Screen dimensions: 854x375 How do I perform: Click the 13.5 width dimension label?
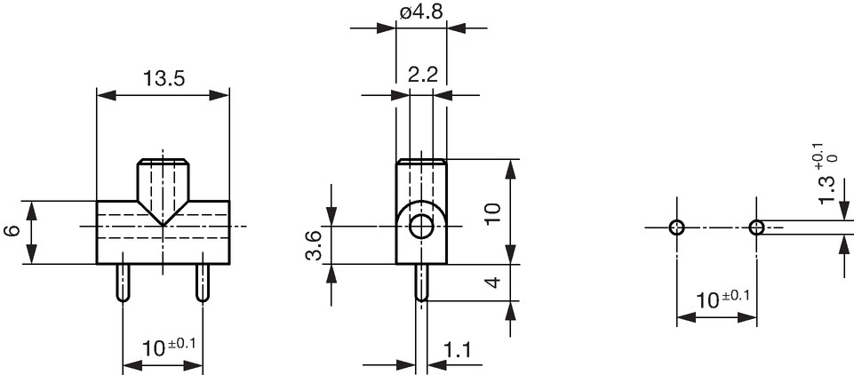164,79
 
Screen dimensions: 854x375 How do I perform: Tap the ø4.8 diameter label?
421,12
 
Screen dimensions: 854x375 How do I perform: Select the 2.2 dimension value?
423,75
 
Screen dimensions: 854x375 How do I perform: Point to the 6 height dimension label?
12,230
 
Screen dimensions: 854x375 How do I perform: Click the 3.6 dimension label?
315,245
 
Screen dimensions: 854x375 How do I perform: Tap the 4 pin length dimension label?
492,283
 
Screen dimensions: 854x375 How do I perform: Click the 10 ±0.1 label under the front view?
168,347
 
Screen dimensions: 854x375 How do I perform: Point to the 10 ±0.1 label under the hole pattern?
722,299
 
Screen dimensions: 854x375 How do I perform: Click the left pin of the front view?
123,283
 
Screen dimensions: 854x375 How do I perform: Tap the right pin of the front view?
203,283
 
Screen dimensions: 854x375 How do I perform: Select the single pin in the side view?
421,283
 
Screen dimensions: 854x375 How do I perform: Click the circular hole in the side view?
421,227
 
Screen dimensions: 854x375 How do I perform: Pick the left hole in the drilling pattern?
676,227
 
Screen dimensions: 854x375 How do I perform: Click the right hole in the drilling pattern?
756,227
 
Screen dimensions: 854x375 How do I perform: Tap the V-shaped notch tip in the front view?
163,226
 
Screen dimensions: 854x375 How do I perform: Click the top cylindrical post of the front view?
163,180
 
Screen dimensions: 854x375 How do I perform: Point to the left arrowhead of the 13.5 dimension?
107,96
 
